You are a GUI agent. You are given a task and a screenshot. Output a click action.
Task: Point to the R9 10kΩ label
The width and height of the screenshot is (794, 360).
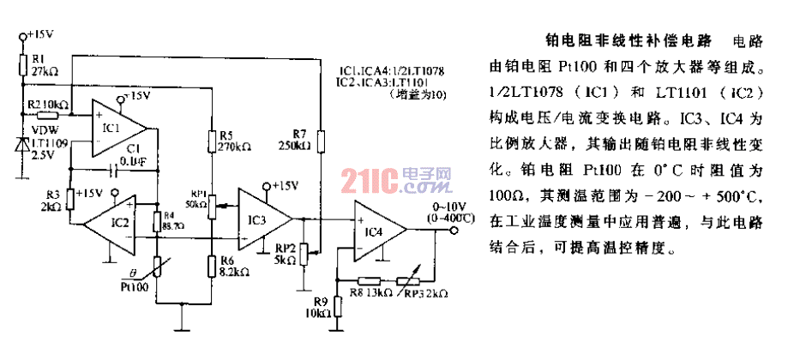322,307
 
